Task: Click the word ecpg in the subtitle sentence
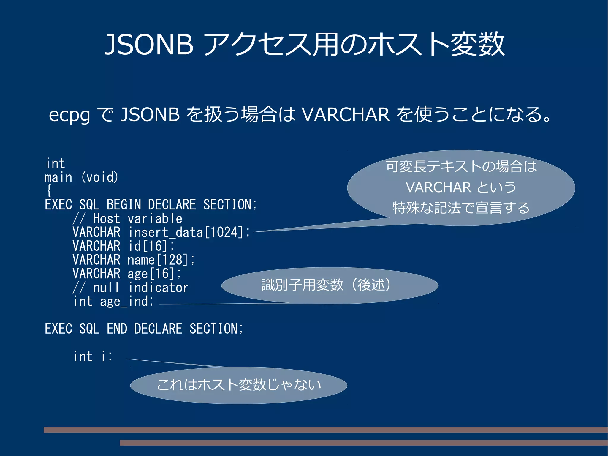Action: point(69,115)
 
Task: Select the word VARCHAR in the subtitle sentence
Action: point(346,115)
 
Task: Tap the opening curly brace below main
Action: point(49,191)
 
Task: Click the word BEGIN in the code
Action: point(124,205)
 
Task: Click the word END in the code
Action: point(117,329)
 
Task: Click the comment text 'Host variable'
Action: point(137,219)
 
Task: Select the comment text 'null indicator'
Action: point(140,288)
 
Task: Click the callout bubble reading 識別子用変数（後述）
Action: point(330,285)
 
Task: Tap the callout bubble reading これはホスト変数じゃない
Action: point(239,385)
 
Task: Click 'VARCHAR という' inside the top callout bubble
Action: point(461,187)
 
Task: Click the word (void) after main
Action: point(100,177)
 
